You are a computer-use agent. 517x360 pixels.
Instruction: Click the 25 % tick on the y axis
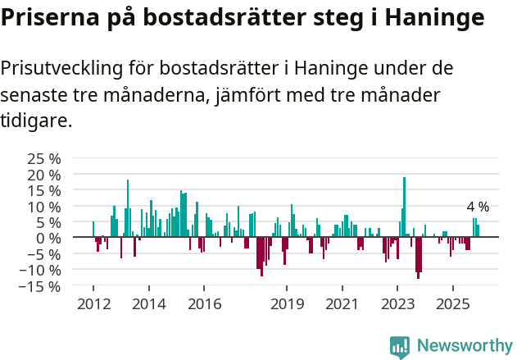[x=43, y=159]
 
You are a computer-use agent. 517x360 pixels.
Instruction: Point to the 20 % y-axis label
[x=43, y=175]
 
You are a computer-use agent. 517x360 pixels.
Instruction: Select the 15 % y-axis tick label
[x=43, y=190]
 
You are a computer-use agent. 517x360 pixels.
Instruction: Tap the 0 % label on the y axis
[x=49, y=238]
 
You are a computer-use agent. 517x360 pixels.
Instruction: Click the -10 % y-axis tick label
[x=40, y=270]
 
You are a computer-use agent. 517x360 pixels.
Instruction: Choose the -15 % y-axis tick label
[x=40, y=286]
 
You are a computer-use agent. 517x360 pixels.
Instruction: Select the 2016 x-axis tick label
[x=204, y=304]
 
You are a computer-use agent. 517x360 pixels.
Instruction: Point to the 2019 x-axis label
[x=287, y=304]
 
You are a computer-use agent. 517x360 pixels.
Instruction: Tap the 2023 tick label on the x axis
[x=397, y=304]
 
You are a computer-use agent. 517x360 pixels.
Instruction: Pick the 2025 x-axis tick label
[x=452, y=304]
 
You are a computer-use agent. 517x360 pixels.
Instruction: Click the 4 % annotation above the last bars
[x=478, y=207]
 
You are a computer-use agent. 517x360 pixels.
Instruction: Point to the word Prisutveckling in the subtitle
[x=69, y=67]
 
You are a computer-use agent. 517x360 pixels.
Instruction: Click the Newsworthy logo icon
[x=400, y=346]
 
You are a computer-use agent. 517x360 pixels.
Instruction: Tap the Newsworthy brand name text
[x=465, y=346]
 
